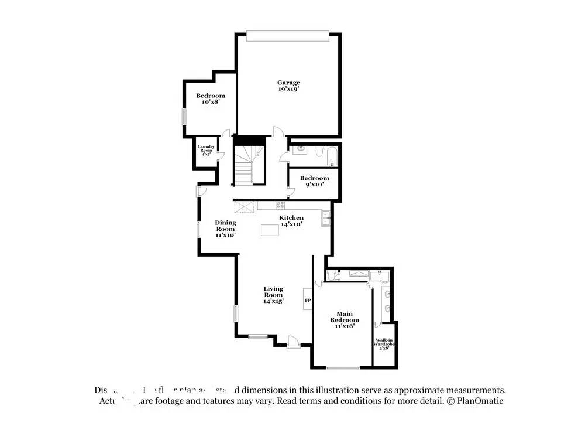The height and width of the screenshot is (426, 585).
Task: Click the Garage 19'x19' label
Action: click(289, 86)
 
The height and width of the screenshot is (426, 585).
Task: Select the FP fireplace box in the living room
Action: click(308, 301)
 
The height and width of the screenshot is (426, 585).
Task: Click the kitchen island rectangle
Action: click(270, 231)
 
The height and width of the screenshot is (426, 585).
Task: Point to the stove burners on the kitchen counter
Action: click(281, 205)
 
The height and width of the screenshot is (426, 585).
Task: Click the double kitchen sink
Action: click(325, 220)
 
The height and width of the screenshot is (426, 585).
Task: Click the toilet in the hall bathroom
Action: click(318, 154)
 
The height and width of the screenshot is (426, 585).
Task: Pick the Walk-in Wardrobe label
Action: click(384, 344)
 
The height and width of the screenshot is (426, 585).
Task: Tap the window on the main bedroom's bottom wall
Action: click(343, 368)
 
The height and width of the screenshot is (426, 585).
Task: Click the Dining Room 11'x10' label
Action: click(225, 229)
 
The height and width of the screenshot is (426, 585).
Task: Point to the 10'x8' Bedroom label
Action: click(210, 98)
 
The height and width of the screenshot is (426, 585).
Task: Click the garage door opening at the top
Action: click(285, 36)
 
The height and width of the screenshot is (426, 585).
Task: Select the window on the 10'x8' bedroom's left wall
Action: click(183, 117)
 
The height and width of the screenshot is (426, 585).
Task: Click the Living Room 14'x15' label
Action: click(273, 295)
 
